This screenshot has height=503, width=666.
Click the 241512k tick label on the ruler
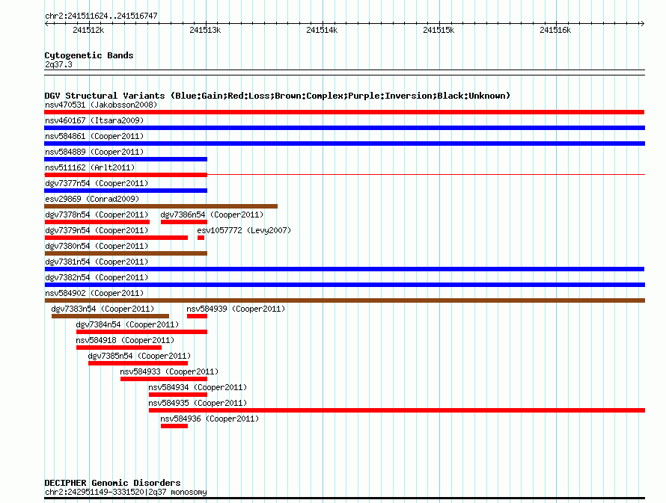pos(88,30)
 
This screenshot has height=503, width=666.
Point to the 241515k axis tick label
pos(439,30)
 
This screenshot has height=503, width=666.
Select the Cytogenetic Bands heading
pos(88,55)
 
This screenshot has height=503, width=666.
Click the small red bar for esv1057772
pos(201,238)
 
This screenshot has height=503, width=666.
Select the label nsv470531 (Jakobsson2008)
pos(101,105)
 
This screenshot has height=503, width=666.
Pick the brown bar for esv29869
pos(161,206)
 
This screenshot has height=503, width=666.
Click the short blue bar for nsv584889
pos(126,159)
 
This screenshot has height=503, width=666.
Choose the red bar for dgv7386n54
pos(183,222)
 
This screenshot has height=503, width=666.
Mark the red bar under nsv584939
pos(197,316)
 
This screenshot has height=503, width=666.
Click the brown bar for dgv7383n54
pos(110,316)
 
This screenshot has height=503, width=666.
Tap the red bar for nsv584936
pos(174,426)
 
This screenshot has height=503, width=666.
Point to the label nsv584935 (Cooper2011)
pos(198,403)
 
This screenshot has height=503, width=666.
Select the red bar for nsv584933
pos(163,379)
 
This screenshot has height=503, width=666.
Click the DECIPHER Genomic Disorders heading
pos(112,483)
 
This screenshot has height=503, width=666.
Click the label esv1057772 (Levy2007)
pos(244,230)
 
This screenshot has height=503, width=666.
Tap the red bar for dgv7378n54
pos(97,222)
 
